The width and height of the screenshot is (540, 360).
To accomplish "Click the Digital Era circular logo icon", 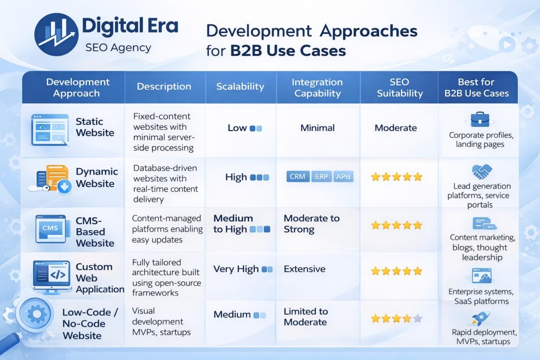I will pyautogui.click(x=56, y=35).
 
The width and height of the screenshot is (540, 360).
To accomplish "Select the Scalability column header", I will pyautogui.click(x=240, y=86).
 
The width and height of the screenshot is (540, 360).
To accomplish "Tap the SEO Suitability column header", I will pyautogui.click(x=399, y=87).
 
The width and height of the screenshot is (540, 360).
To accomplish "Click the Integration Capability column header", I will pyautogui.click(x=317, y=87).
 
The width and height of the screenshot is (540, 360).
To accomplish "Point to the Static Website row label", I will pyautogui.click(x=95, y=127).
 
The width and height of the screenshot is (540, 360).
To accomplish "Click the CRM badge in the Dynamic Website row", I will pyautogui.click(x=297, y=177).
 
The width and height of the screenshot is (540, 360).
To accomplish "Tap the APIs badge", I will pyautogui.click(x=343, y=177).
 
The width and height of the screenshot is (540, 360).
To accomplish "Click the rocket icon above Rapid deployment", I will pyautogui.click(x=480, y=318).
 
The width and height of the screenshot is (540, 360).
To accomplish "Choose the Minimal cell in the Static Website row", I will pyautogui.click(x=317, y=128).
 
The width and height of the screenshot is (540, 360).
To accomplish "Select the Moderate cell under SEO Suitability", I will pyautogui.click(x=396, y=128).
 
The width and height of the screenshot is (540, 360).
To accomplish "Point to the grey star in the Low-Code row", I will pyautogui.click(x=418, y=318).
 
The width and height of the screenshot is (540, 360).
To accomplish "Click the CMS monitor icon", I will pyautogui.click(x=51, y=228).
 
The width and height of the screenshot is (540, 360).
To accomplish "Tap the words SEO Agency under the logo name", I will pyautogui.click(x=118, y=48).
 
